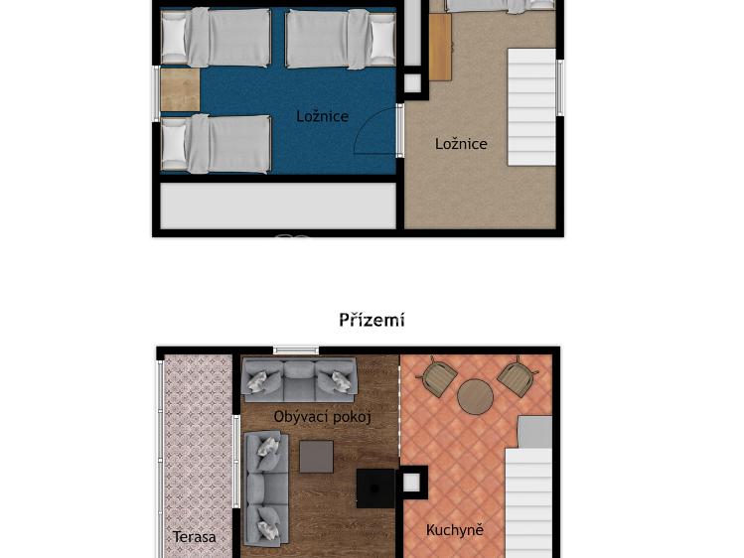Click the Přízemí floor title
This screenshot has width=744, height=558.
(x=372, y=320)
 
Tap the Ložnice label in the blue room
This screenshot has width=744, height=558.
(x=322, y=116)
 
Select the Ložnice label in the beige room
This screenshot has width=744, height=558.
(x=461, y=144)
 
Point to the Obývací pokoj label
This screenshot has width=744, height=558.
(x=322, y=417)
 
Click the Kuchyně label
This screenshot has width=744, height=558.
(x=455, y=530)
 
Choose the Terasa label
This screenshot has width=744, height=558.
(x=195, y=537)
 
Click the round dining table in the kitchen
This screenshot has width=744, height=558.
(x=476, y=397)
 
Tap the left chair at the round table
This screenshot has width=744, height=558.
(x=439, y=377)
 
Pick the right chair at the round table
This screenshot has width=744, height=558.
(x=516, y=377)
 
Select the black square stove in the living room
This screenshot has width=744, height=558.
(x=375, y=488)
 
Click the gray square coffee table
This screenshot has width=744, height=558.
(x=317, y=457)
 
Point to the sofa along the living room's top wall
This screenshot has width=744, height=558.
(x=299, y=380)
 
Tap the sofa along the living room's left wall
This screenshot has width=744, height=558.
(x=266, y=488)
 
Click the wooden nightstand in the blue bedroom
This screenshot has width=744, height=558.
(x=180, y=89)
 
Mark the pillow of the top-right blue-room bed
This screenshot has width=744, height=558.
(x=381, y=39)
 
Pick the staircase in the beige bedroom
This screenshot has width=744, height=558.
(x=531, y=107)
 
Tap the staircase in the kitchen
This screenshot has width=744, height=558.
(x=528, y=501)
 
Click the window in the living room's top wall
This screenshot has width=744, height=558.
(x=296, y=349)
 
